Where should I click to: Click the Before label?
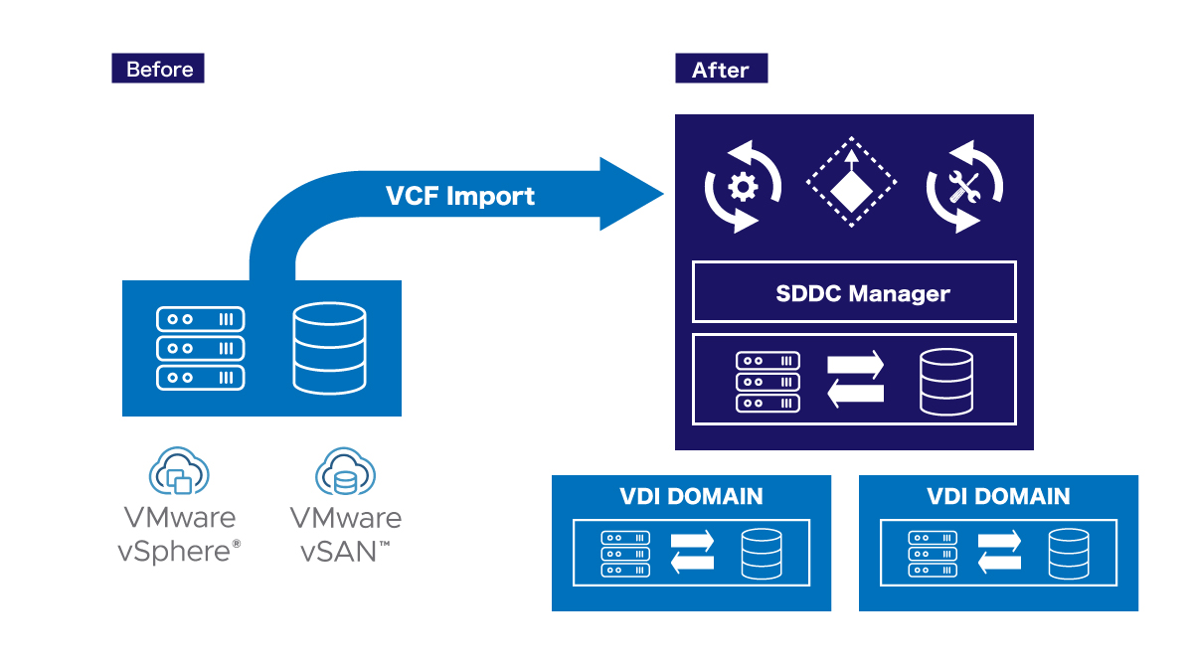point(158,69)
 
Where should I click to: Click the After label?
point(721,69)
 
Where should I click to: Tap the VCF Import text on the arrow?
point(459,196)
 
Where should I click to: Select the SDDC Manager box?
point(854,292)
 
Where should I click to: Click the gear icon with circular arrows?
point(743,187)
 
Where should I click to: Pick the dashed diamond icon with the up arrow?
point(851,184)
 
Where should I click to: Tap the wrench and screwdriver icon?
point(964,187)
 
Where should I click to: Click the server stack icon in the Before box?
point(201,348)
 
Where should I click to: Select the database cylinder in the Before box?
point(329,348)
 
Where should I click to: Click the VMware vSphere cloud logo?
point(179,471)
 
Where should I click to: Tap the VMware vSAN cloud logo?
point(345,471)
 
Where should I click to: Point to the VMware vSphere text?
point(179,534)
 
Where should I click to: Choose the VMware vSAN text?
point(345,534)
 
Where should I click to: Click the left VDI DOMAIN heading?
point(691,496)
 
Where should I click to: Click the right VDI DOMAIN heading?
point(998,496)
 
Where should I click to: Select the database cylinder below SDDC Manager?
point(946,382)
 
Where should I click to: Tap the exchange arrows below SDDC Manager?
point(856,380)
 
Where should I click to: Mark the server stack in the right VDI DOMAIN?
point(933,554)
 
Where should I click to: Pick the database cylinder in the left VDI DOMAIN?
point(762,554)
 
